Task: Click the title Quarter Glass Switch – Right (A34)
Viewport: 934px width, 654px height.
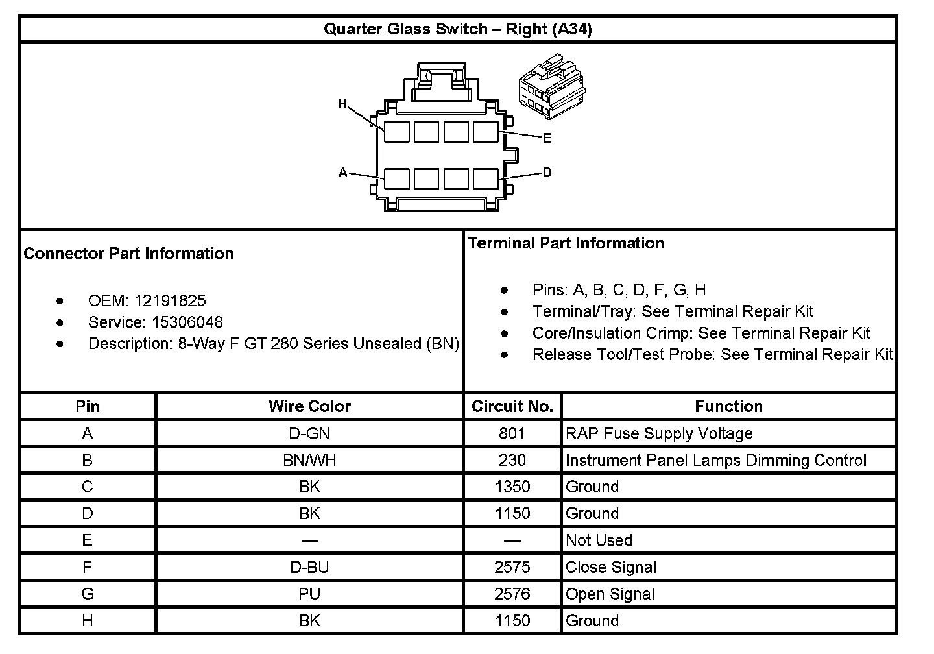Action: pos(457,29)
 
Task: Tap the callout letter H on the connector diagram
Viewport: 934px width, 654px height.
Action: pos(342,104)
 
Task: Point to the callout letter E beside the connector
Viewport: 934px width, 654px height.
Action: pos(547,138)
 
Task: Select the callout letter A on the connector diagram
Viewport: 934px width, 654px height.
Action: pos(343,173)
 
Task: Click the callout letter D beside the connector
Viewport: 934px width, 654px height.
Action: pos(547,173)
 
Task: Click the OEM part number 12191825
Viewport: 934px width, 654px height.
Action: pos(170,301)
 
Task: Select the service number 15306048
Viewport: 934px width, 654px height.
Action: pos(187,322)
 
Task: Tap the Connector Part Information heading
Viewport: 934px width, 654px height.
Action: pos(128,254)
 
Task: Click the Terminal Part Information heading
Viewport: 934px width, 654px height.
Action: pos(566,243)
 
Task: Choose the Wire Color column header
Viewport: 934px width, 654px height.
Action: pos(309,407)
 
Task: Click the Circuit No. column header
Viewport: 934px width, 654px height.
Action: pos(512,407)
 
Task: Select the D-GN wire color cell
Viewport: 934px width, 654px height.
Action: pos(309,433)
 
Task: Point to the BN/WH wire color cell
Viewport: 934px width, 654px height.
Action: pos(309,461)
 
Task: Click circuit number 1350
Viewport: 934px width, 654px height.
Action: pos(512,487)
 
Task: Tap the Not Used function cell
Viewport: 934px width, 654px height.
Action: pos(599,540)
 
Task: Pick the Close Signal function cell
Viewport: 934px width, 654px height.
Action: pos(611,568)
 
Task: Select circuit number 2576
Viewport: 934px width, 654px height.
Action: pos(512,594)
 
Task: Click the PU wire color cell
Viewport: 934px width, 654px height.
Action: pos(309,594)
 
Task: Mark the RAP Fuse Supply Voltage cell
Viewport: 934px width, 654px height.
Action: pos(659,433)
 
